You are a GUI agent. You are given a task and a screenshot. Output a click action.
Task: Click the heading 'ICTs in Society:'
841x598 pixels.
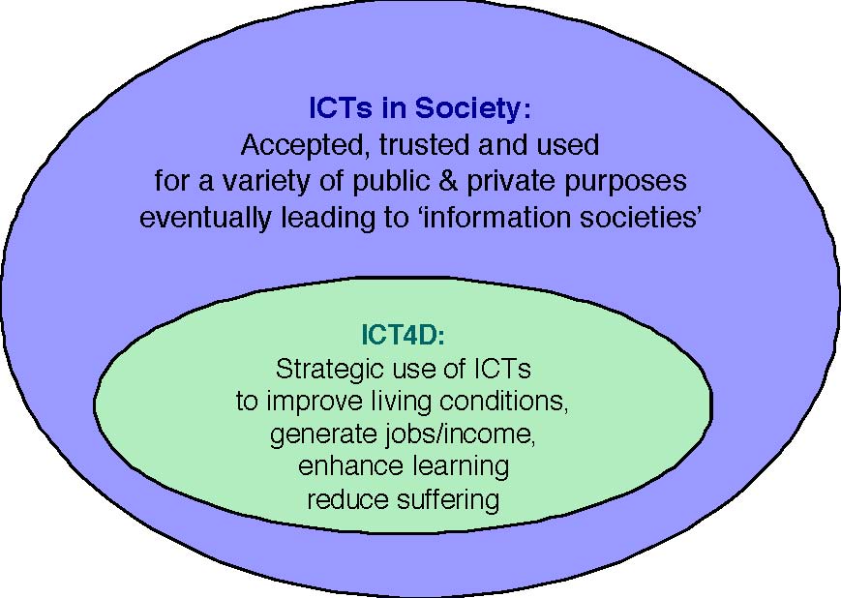click(x=420, y=107)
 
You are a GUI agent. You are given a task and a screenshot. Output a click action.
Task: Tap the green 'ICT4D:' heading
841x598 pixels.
click(x=403, y=335)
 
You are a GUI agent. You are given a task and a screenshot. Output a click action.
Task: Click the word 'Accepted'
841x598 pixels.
click(x=304, y=146)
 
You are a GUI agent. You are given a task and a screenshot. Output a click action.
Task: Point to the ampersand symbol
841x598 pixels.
click(x=447, y=181)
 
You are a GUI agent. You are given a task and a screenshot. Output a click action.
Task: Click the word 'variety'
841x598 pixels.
click(x=265, y=182)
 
